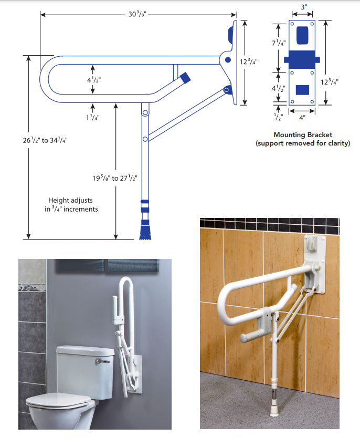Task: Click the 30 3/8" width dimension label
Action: click(137, 14)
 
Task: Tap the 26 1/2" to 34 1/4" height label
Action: click(45, 140)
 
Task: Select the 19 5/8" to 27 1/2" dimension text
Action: click(115, 178)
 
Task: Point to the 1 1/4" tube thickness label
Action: click(93, 118)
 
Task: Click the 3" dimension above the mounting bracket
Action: click(304, 7)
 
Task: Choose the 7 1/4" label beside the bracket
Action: click(279, 43)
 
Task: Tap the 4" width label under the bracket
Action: click(302, 118)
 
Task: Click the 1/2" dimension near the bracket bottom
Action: click(278, 117)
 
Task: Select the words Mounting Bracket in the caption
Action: click(303, 134)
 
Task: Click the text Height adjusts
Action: click(70, 200)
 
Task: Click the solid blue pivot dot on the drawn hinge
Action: click(228, 60)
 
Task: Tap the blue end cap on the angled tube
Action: click(185, 78)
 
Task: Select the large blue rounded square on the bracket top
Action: click(302, 35)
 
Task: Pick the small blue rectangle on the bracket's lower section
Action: click(302, 90)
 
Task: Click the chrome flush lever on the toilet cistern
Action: click(103, 361)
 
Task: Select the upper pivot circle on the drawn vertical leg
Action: click(145, 112)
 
